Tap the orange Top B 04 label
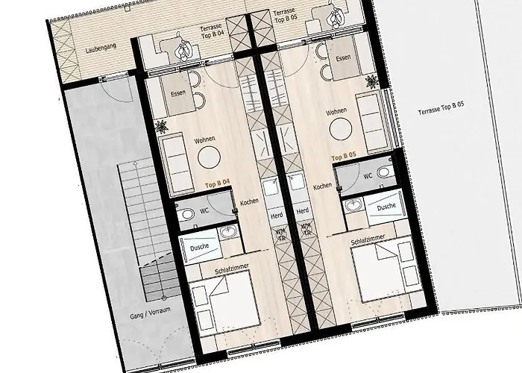[x=217, y=182]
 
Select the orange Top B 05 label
[x=343, y=157]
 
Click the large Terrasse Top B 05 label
[x=441, y=110]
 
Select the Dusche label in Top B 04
[x=200, y=245]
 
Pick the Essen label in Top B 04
[x=177, y=93]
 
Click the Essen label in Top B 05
[x=344, y=57]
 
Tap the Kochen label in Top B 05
[x=322, y=186]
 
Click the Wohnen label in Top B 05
[x=336, y=111]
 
